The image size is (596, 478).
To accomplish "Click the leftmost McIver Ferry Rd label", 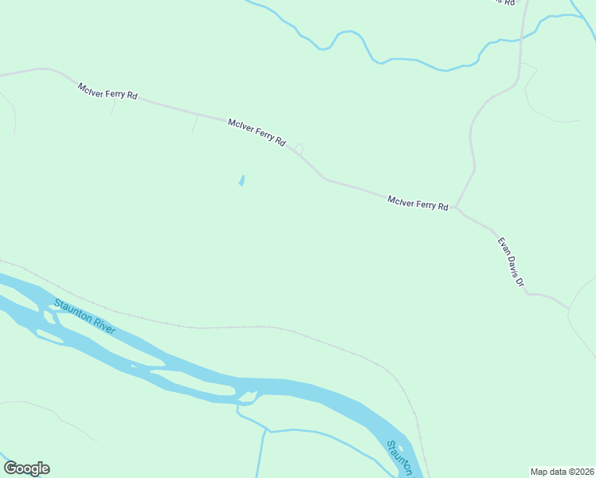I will tap(108, 90).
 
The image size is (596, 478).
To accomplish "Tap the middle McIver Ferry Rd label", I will tap(257, 132).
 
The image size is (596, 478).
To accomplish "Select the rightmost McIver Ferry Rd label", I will tap(418, 203).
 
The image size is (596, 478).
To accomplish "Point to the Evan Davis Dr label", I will tap(511, 262).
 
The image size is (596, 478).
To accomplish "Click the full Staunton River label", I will tap(84, 316).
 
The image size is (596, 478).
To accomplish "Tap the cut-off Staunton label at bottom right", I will tap(402, 458).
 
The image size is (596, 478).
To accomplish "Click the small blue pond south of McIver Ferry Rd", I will tap(241, 181).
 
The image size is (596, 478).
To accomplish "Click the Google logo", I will tap(26, 468).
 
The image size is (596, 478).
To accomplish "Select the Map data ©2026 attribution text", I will tap(562, 471).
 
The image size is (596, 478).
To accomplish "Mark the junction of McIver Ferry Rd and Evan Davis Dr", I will tap(457, 207).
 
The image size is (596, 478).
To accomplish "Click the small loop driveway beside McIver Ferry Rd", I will tap(299, 147).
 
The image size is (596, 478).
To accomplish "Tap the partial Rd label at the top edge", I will tap(502, 2).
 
